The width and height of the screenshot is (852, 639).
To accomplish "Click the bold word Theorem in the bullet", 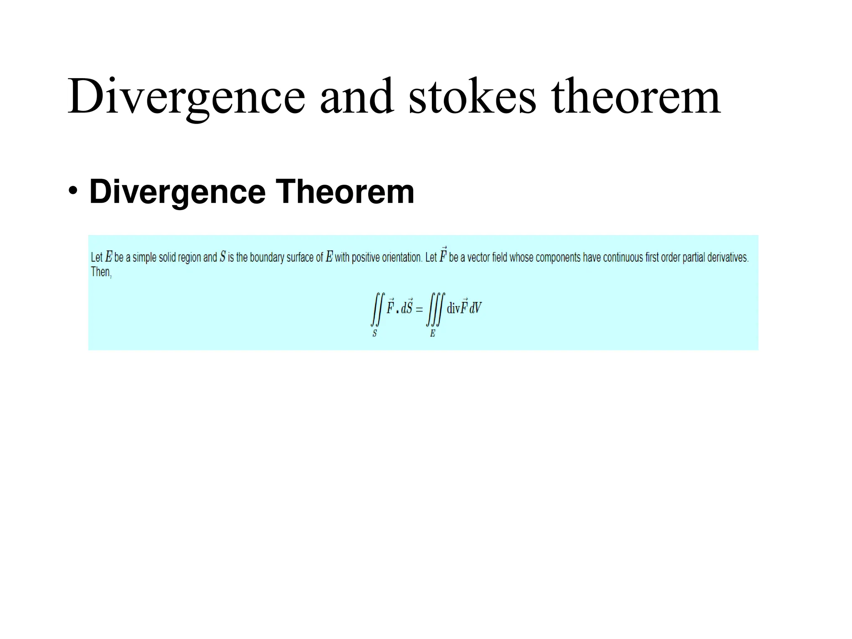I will click(345, 192).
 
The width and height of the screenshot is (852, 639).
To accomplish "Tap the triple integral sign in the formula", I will click(435, 309).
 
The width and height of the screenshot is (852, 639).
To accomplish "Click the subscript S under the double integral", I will click(374, 334).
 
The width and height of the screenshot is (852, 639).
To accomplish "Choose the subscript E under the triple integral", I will click(433, 334).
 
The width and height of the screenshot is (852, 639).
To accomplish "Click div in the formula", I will click(453, 309).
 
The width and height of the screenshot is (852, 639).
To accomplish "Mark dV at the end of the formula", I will click(476, 309).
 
